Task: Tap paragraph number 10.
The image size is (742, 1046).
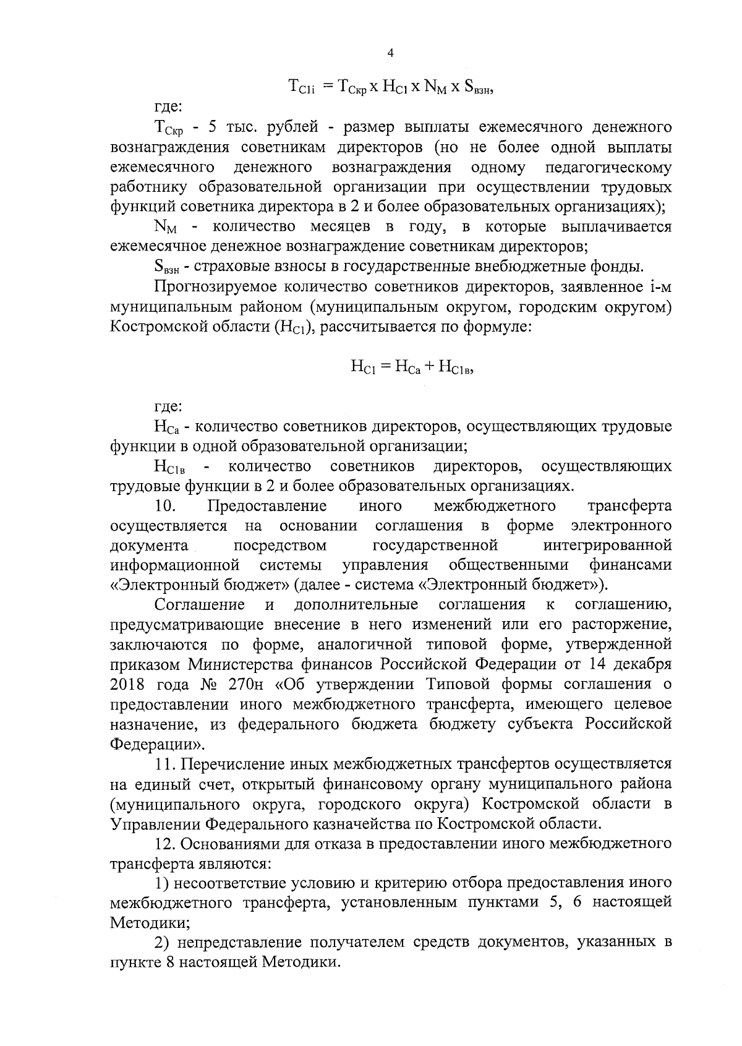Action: tap(166, 506)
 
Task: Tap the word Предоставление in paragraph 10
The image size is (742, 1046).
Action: tap(268, 506)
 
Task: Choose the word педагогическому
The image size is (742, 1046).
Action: tap(608, 168)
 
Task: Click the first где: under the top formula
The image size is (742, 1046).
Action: tap(168, 108)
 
